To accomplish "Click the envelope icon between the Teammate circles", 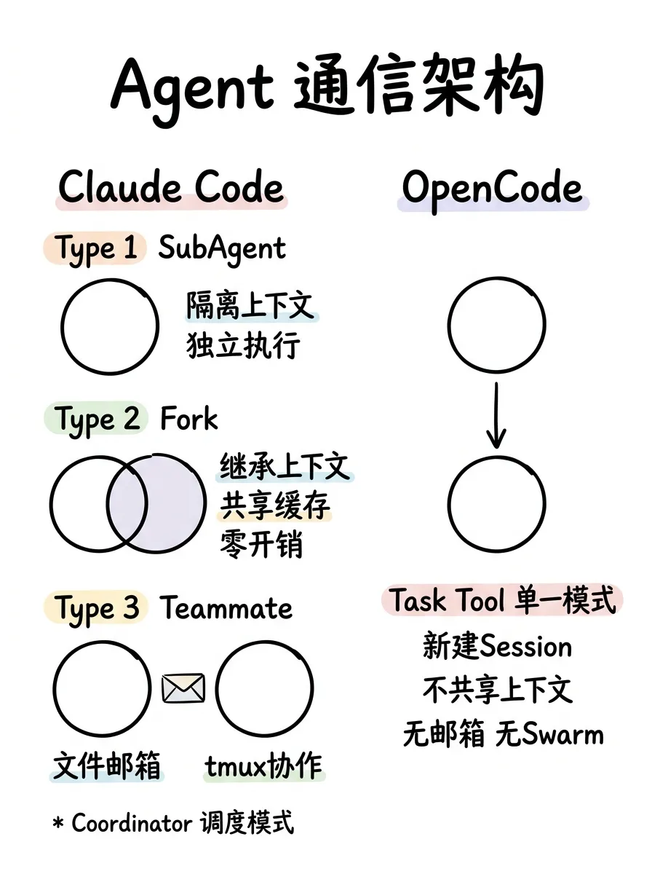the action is point(183,688).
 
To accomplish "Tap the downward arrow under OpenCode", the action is point(496,416).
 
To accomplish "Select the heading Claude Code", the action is point(171,187).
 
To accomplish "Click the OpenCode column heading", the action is point(493,188).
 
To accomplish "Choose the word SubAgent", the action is point(223,249).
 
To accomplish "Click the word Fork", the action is point(189,420).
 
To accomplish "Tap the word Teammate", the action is point(226,608).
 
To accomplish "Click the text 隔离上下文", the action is point(251,306).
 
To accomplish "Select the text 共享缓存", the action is point(274,506).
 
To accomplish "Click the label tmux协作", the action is point(264,766).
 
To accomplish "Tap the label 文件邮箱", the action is point(107,766).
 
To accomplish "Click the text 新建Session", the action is point(498,646).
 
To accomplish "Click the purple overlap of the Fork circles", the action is point(127,503).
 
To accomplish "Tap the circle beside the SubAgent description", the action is point(110,325).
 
